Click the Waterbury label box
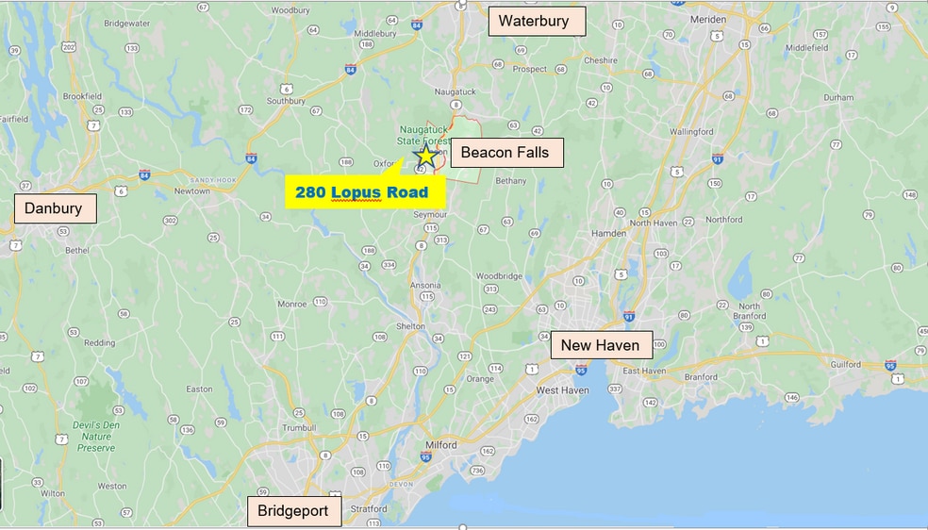[536, 21]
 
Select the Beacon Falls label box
[504, 153]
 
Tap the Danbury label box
[55, 208]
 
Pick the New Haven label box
[600, 345]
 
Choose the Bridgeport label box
[292, 511]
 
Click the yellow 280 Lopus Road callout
[362, 192]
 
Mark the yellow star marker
[426, 157]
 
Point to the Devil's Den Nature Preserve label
[96, 437]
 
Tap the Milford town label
[439, 445]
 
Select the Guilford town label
[846, 364]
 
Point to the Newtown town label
[192, 190]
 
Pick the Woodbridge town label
[499, 276]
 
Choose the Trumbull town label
[298, 427]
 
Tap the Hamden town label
[608, 233]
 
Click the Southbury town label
[286, 101]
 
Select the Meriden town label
[707, 20]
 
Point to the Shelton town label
[410, 326]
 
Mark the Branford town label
[702, 376]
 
